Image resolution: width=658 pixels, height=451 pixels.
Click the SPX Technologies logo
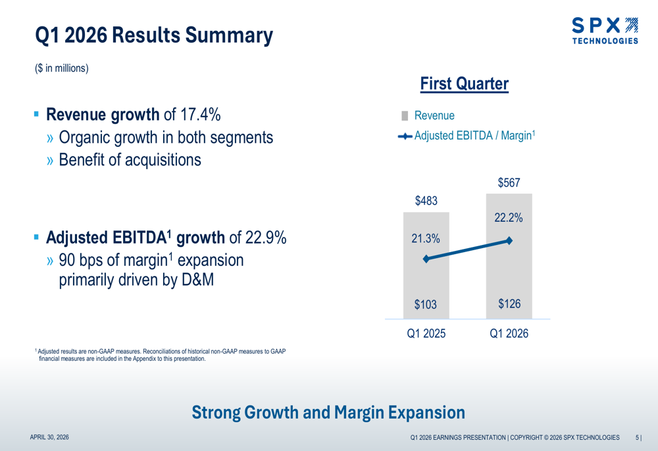pos(604,31)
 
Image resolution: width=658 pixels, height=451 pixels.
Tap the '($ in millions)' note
pos(62,68)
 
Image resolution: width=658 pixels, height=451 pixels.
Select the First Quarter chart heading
pos(464,84)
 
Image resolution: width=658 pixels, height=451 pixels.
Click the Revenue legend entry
pos(434,115)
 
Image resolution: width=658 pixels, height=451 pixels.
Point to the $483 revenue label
pos(426,201)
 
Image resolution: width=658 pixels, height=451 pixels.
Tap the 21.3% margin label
pos(426,240)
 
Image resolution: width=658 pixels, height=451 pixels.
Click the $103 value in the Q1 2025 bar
pos(426,305)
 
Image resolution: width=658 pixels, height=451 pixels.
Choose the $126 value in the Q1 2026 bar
pos(509,304)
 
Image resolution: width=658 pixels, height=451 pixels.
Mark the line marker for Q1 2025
pos(426,259)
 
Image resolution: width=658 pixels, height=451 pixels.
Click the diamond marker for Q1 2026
pos(509,240)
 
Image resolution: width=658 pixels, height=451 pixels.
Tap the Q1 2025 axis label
pos(426,334)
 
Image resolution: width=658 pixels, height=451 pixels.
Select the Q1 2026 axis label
pos(509,334)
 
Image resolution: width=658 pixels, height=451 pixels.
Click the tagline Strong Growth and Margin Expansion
pos(328,413)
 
